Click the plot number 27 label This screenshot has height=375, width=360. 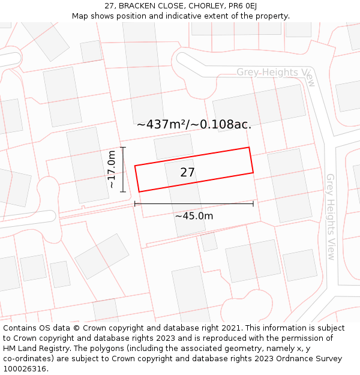click(x=187, y=173)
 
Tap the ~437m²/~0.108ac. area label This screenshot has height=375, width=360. click(x=194, y=125)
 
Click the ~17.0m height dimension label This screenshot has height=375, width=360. click(x=112, y=170)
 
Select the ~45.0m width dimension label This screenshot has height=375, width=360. click(x=194, y=216)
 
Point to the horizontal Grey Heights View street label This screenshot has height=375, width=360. click(x=275, y=73)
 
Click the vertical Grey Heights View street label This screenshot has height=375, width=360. click(x=331, y=212)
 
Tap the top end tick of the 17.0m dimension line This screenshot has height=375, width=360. click(x=123, y=147)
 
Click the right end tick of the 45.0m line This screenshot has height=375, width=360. click(x=253, y=204)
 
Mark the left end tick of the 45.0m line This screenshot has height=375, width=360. click(x=135, y=204)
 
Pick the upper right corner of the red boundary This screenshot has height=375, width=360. click(x=249, y=148)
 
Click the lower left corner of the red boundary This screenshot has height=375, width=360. click(x=139, y=192)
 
